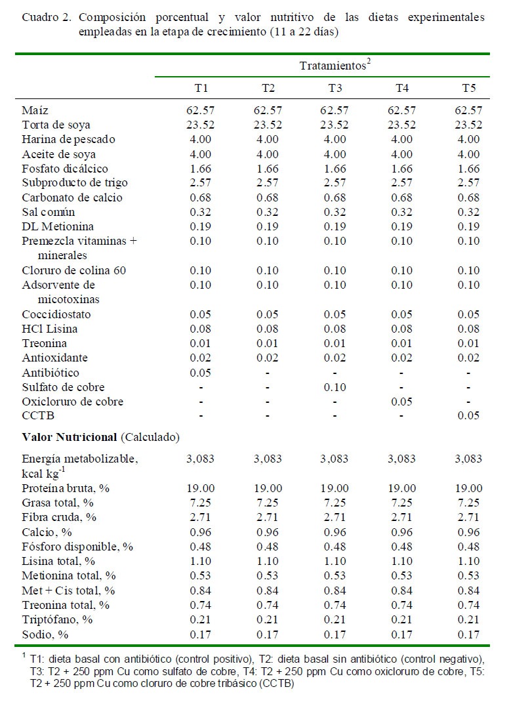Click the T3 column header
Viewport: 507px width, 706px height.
pos(335,88)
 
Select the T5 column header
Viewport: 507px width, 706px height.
pos(469,88)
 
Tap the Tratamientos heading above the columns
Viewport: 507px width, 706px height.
pos(335,65)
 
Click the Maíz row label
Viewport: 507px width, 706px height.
pos(35,110)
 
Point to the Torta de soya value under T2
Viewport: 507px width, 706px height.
pos(268,125)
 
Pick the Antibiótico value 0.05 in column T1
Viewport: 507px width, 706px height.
pos(200,373)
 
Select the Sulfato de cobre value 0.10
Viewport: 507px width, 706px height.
pos(335,387)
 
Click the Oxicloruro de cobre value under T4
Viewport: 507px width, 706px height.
pos(401,402)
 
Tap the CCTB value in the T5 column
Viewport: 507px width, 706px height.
pos(469,415)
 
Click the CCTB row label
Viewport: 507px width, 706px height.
pos(38,415)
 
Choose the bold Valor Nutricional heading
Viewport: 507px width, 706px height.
pos(70,437)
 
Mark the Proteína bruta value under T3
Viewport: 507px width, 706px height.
pos(335,488)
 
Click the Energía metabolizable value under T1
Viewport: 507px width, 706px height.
pos(200,459)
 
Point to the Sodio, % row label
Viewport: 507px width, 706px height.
pos(45,634)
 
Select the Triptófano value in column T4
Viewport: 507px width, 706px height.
pos(401,619)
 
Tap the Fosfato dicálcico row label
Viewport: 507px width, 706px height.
pos(65,169)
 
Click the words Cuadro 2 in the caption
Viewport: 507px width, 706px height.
pos(46,18)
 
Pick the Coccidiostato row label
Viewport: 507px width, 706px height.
pos(56,314)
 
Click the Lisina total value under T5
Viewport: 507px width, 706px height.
pos(469,561)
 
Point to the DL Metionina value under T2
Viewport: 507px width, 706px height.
pos(268,226)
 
